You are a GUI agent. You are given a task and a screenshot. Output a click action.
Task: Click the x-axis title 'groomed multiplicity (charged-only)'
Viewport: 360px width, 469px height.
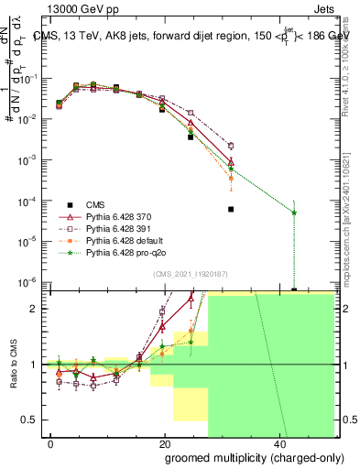coord(243,457)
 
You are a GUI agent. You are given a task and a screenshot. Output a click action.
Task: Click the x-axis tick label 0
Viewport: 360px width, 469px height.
coord(51,443)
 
